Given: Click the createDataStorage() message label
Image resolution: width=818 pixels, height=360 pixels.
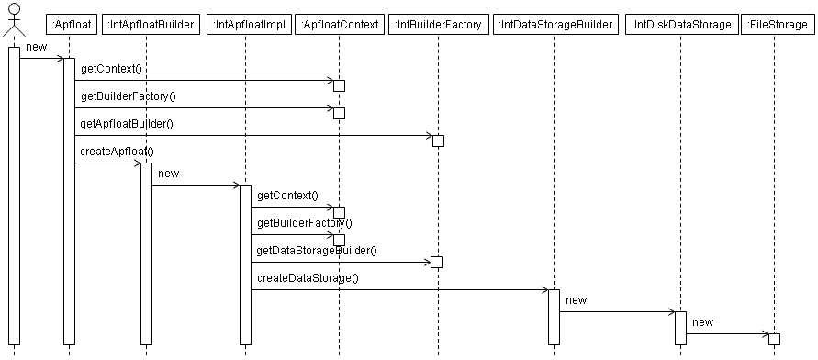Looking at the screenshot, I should [x=307, y=277].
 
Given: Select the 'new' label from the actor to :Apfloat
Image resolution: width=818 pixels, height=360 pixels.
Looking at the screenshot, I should [x=37, y=46].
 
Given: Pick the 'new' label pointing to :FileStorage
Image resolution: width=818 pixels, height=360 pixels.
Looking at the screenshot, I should [x=702, y=321].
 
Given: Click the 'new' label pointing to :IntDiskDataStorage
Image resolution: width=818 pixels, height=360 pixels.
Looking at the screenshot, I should [x=577, y=299].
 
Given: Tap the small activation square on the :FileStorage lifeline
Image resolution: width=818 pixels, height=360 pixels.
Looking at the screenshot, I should [x=774, y=339].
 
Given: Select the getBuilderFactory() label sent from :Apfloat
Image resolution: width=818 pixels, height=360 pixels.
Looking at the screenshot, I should [x=128, y=96].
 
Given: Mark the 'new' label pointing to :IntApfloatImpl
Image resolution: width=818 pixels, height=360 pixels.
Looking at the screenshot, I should [x=169, y=173].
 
